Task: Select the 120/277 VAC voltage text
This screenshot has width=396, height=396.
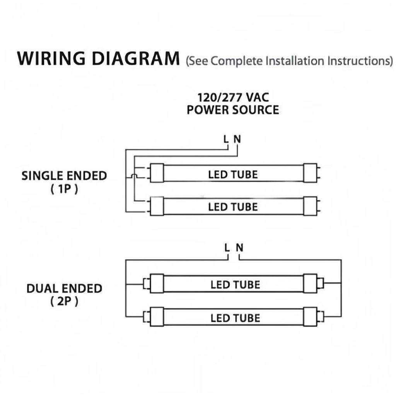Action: [233, 97]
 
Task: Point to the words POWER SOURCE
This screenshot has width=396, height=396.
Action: [233, 109]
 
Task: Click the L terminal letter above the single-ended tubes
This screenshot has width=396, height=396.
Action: [227, 139]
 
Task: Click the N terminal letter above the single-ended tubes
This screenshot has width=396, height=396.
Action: [237, 139]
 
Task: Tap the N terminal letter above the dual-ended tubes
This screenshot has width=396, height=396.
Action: [240, 247]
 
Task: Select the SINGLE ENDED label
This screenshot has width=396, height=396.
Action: [64, 176]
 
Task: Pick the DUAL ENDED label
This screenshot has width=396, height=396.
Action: [64, 288]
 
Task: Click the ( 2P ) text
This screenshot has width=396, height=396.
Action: [64, 302]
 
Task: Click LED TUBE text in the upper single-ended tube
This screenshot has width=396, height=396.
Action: [233, 174]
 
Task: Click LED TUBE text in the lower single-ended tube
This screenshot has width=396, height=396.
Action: [233, 207]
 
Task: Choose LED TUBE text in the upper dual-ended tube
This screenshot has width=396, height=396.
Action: [235, 285]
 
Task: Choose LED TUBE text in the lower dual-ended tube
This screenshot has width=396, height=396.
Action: [235, 318]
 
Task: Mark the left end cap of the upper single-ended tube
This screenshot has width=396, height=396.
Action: [157, 173]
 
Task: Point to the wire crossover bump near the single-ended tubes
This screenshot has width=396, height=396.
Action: [133, 176]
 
